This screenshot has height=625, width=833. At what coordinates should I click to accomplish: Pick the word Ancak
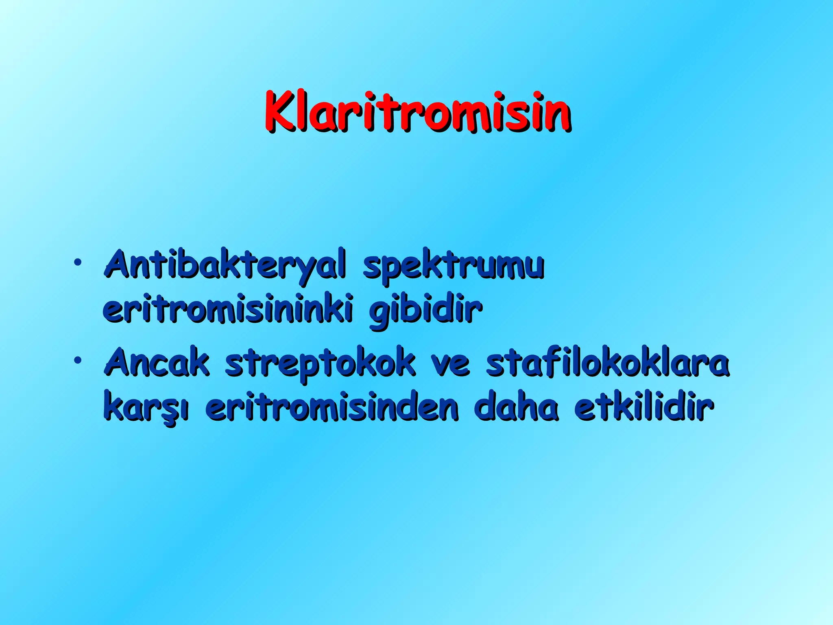click(x=157, y=362)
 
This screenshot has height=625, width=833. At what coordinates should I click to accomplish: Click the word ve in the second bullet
click(x=450, y=363)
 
